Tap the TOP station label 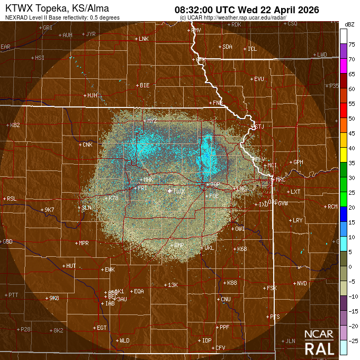click(215, 184)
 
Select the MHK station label click(148, 180)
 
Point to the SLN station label click(86, 208)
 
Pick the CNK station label click(87, 145)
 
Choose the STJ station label click(258, 127)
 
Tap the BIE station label click(145, 85)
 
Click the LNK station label click(143, 39)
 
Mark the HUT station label click(71, 266)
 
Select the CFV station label click(220, 348)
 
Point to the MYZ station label click(152, 121)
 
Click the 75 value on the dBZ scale click(351, 45)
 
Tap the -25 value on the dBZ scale click(351, 340)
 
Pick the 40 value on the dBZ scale click(351, 148)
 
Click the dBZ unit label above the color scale click(349, 24)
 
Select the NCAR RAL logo click(319, 343)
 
